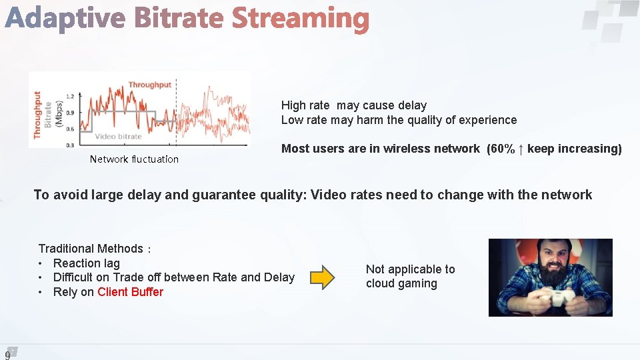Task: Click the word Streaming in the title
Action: pos(300,19)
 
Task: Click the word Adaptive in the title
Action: pos(65,19)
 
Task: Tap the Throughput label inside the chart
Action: pos(149,85)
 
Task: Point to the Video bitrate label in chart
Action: pos(118,136)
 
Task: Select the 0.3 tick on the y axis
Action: pos(70,145)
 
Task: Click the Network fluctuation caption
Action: pos(134,159)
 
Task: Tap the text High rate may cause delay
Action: pos(353,105)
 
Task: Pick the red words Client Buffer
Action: pos(130,292)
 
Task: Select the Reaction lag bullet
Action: pos(86,263)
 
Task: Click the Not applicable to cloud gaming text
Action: pos(410,276)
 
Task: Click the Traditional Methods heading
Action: pos(91,249)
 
